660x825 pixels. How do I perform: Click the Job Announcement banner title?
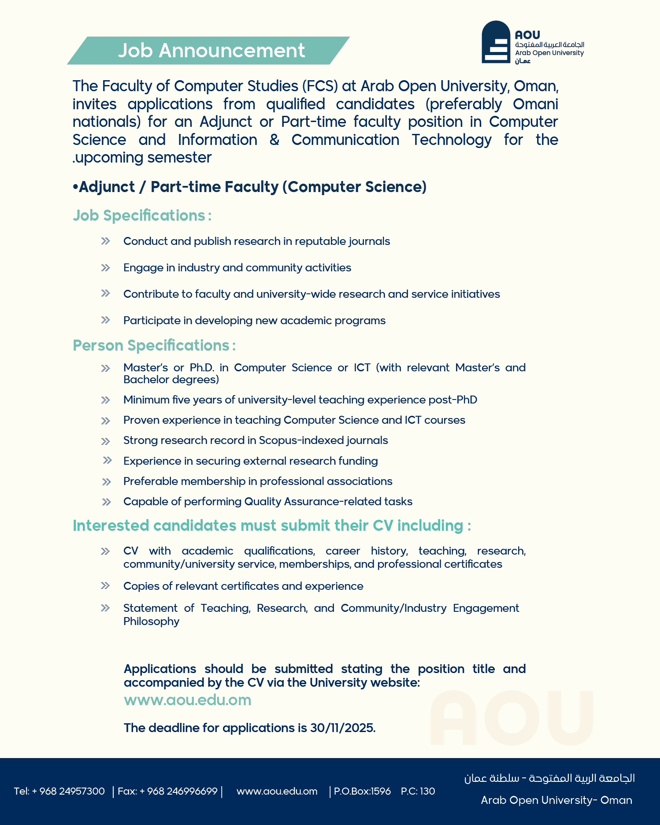tap(211, 51)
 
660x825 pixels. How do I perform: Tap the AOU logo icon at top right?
tap(496, 42)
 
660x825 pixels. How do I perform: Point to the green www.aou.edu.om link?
tap(188, 700)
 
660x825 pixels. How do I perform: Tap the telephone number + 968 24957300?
tap(72, 791)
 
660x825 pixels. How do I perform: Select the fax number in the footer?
tap(178, 791)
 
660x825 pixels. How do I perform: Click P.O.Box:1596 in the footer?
tap(362, 791)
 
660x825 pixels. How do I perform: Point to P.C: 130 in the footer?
tap(418, 791)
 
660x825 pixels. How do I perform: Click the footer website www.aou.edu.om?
tap(277, 791)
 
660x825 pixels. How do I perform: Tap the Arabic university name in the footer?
tap(549, 778)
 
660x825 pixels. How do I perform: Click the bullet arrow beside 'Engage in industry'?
tap(105, 268)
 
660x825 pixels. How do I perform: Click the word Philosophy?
tap(151, 622)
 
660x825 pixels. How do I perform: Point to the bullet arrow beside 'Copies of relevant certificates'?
tap(105, 586)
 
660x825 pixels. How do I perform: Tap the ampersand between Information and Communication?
tap(274, 140)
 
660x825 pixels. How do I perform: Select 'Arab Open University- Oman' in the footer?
tap(556, 800)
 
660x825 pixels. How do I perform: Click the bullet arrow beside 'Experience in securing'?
tap(107, 461)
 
